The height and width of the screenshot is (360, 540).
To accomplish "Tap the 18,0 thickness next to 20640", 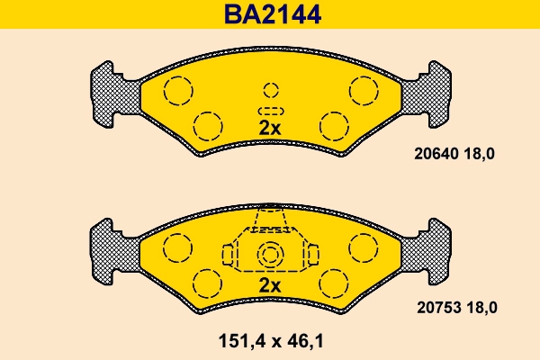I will [479, 154].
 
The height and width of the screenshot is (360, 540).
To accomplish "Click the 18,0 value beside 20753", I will [480, 307].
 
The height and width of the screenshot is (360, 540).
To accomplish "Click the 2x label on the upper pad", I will [270, 128].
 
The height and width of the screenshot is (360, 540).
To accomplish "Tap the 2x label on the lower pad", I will [270, 285].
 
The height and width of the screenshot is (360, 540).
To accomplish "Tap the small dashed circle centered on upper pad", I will [270, 89].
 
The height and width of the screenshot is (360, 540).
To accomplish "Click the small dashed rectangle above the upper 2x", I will [270, 109].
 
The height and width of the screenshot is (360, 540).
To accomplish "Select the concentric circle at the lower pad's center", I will [270, 256].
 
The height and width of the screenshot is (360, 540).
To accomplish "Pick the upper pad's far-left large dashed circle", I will [177, 90].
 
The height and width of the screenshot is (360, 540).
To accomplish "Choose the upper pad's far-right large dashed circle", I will [364, 90].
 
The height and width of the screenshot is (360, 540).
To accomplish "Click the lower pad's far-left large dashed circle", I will [176, 246].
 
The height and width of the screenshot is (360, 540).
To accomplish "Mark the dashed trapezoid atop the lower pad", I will [270, 220].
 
